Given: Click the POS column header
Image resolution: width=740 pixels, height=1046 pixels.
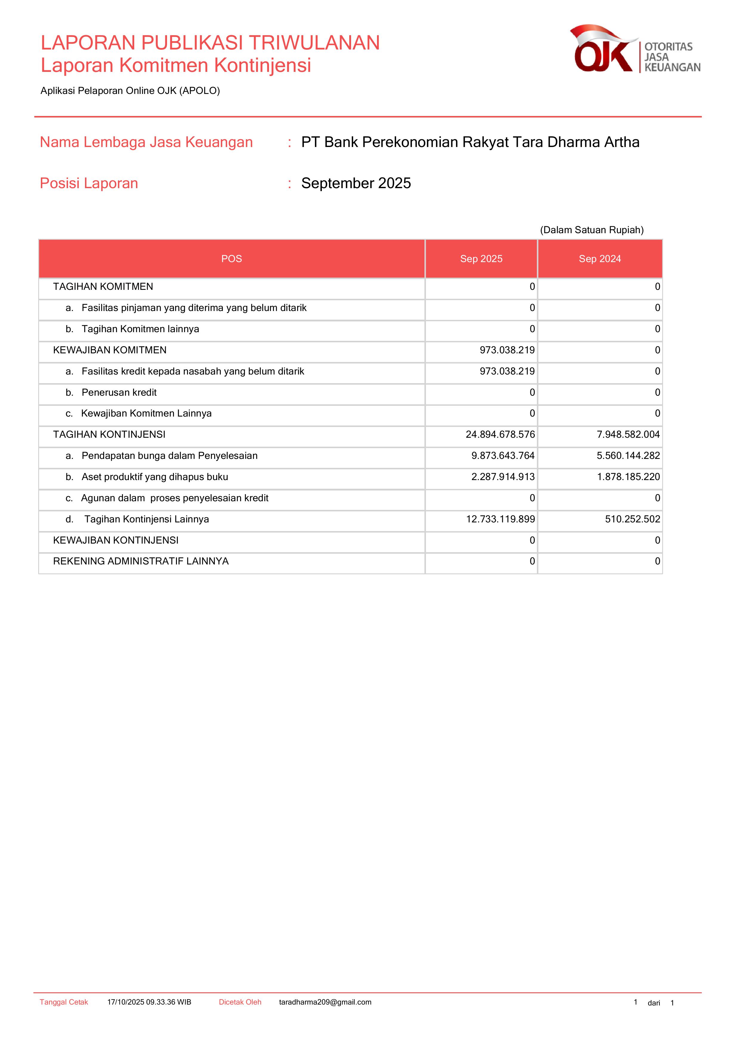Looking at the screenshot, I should point(231,259).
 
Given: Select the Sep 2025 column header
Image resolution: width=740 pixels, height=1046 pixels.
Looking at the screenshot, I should point(481,259).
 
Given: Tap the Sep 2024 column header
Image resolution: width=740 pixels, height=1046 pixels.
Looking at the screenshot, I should point(600,259).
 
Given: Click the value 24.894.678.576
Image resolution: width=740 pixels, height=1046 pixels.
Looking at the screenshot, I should point(500,435).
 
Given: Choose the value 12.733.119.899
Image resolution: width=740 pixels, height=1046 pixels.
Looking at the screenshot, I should point(500,519).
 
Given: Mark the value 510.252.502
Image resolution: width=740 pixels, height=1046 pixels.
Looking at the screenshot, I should point(632,519).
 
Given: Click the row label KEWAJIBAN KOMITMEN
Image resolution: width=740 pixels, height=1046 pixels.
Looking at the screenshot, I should point(110,350).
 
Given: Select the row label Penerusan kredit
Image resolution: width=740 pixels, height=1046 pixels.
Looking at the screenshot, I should point(119,393).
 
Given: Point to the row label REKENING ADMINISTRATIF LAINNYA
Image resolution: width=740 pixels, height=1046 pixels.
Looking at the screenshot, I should point(141,561).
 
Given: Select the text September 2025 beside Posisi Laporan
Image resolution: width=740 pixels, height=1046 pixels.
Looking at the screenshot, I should point(356,183).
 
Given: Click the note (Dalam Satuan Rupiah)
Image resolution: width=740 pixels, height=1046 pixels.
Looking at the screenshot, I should point(591,230).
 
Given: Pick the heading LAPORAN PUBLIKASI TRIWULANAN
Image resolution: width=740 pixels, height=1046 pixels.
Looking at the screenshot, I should point(210,43).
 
